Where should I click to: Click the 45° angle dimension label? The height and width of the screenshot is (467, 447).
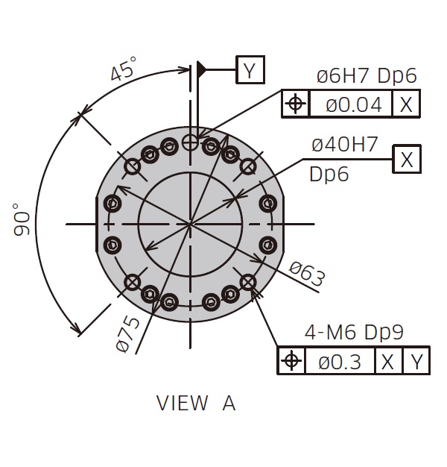(124, 69)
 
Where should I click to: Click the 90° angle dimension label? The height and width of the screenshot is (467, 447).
(22, 219)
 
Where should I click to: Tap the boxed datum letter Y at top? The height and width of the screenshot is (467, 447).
(250, 69)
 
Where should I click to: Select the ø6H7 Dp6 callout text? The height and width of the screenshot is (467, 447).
(367, 76)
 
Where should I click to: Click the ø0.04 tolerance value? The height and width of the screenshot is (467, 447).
(354, 104)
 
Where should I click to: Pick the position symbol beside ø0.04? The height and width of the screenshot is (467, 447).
(295, 104)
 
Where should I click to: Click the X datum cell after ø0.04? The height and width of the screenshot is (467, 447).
(406, 104)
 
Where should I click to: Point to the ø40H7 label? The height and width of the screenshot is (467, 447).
(345, 145)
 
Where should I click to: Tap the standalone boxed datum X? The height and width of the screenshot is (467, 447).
(407, 159)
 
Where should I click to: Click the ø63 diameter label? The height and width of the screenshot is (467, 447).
(307, 274)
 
